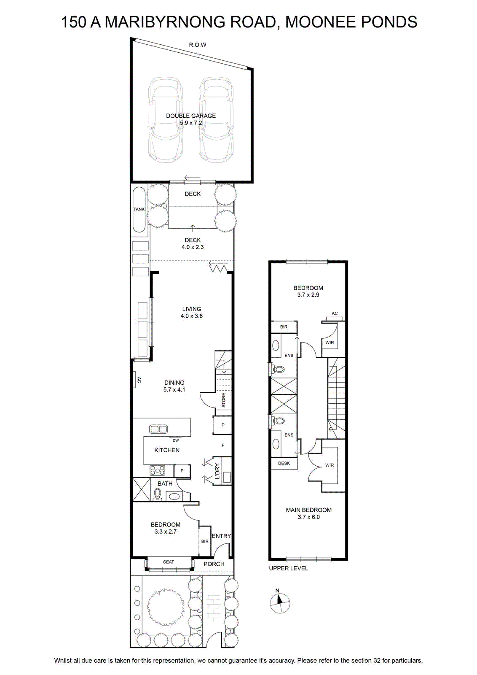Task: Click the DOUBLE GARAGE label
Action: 191,116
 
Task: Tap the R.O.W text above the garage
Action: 198,45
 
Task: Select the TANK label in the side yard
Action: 139,209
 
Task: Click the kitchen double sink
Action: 158,429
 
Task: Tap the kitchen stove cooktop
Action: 158,470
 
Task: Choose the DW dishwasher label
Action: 176,440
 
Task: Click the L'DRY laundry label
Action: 217,471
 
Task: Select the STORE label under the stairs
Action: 223,400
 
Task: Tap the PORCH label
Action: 214,564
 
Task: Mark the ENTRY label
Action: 221,536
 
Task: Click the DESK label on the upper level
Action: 284,463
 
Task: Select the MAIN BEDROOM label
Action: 309,510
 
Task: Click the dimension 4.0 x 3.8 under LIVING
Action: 192,316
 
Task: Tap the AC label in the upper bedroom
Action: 335,313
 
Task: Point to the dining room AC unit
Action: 134,379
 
